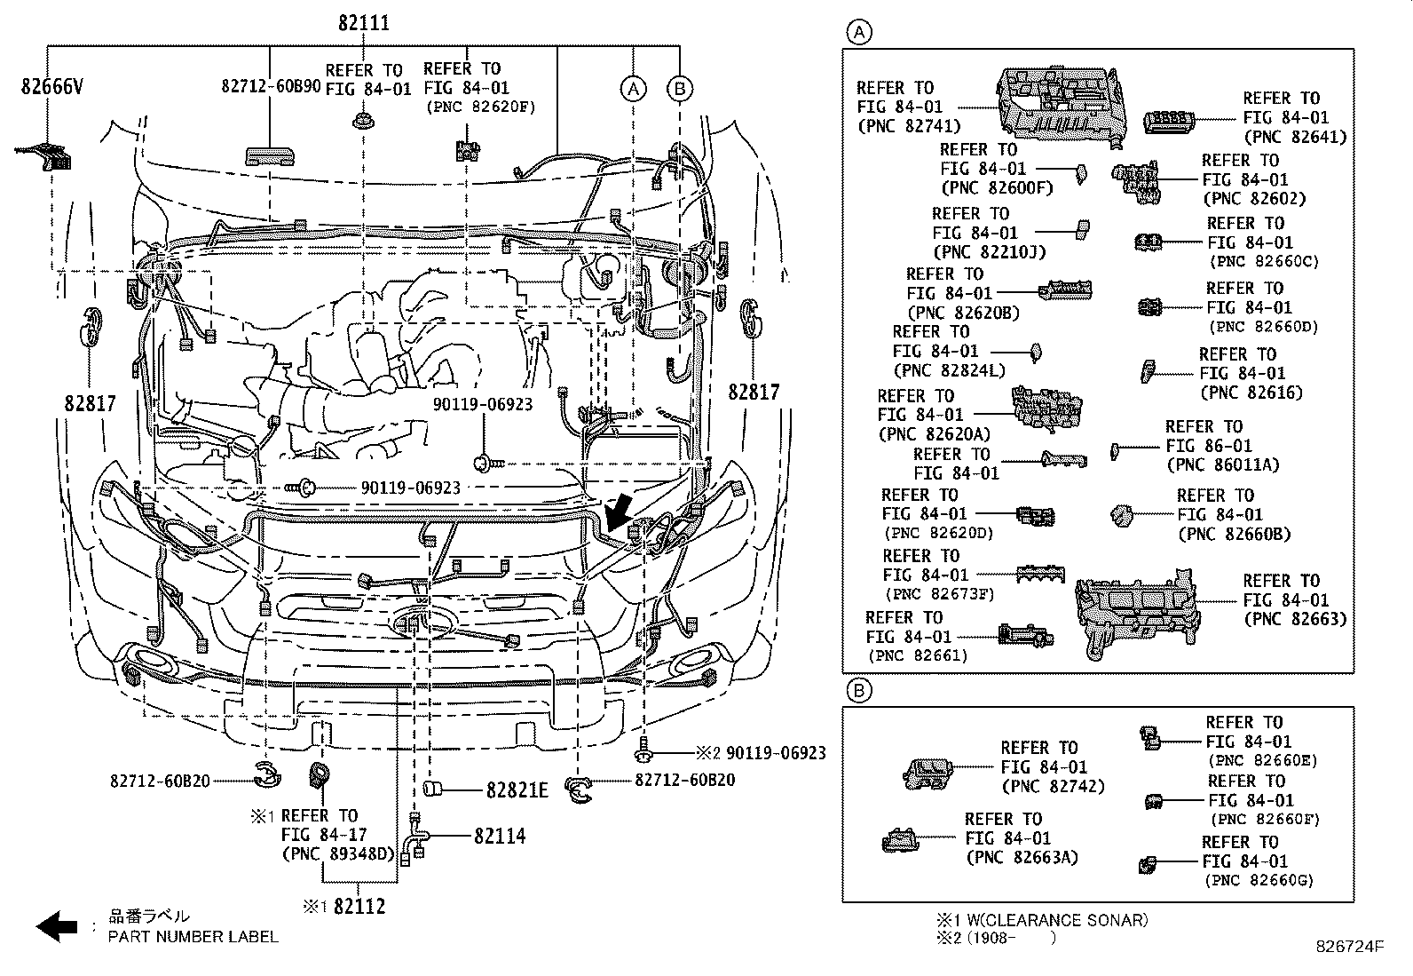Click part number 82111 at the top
click(x=363, y=23)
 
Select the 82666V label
click(x=51, y=86)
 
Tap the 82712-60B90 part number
click(x=271, y=85)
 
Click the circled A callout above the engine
click(x=632, y=88)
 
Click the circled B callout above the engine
click(x=679, y=88)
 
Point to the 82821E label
click(x=517, y=790)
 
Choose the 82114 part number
click(x=499, y=836)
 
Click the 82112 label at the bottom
click(x=358, y=907)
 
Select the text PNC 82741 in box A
click(x=909, y=126)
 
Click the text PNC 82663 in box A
click(x=1295, y=619)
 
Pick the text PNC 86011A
click(x=1222, y=464)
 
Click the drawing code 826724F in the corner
click(x=1350, y=948)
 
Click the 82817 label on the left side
click(x=90, y=403)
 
